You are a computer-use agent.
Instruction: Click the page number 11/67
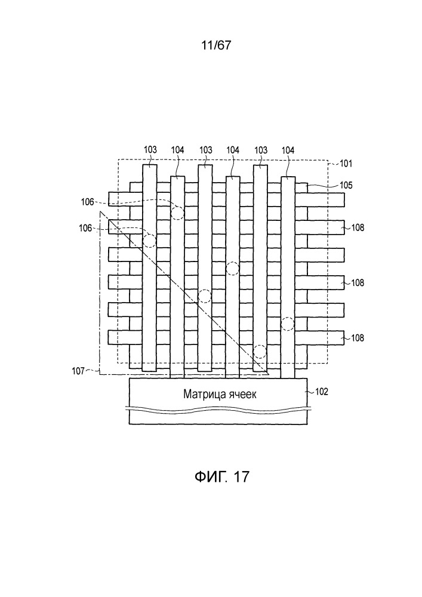215,45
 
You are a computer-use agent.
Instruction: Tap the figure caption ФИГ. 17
222,476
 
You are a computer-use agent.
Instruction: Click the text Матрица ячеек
220,393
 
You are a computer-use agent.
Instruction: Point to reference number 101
346,164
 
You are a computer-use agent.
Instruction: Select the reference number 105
346,185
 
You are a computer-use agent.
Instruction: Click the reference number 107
78,371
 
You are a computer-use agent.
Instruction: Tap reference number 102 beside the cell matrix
322,392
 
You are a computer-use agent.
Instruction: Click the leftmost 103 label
150,150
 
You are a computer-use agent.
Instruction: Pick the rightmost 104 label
288,150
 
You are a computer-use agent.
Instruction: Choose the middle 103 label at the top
205,150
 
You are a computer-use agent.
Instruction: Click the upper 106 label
87,202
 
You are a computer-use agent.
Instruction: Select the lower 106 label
85,228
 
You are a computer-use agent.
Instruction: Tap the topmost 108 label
358,227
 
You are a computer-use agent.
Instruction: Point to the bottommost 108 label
358,338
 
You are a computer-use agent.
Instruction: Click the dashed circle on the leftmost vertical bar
150,241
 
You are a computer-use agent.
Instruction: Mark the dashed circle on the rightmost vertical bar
288,324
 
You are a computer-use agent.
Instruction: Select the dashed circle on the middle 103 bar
205,296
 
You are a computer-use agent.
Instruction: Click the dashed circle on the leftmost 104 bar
177,213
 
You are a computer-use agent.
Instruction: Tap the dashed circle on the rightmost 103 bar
260,352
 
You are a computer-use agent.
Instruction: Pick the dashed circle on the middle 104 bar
233,269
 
